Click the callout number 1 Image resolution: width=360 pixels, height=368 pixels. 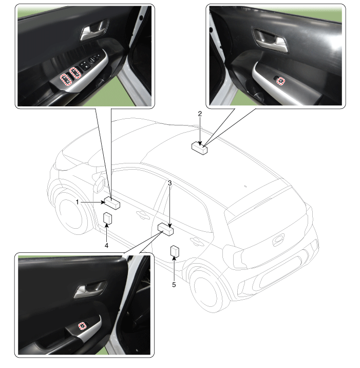coord(78,202)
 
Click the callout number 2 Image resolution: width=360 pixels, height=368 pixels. coord(200,114)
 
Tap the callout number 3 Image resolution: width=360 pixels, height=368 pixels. coord(170,183)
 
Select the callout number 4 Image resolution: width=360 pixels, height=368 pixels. coord(106,246)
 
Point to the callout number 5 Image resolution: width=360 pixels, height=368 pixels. coord(174,285)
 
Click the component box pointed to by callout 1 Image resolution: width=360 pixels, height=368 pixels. coord(112,203)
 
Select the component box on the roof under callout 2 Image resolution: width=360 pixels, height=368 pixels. coord(200,149)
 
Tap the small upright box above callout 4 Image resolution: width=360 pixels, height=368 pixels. coord(107,218)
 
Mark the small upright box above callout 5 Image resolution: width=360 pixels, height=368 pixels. coord(175,251)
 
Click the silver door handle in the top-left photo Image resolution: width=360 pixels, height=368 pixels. coord(94,30)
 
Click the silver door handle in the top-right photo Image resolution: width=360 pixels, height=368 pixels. coord(271,40)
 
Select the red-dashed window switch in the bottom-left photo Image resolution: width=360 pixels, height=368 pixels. coord(82,326)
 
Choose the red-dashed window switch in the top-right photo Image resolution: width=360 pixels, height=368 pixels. coord(281,81)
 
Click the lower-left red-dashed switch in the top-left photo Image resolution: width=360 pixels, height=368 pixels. coord(66,79)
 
